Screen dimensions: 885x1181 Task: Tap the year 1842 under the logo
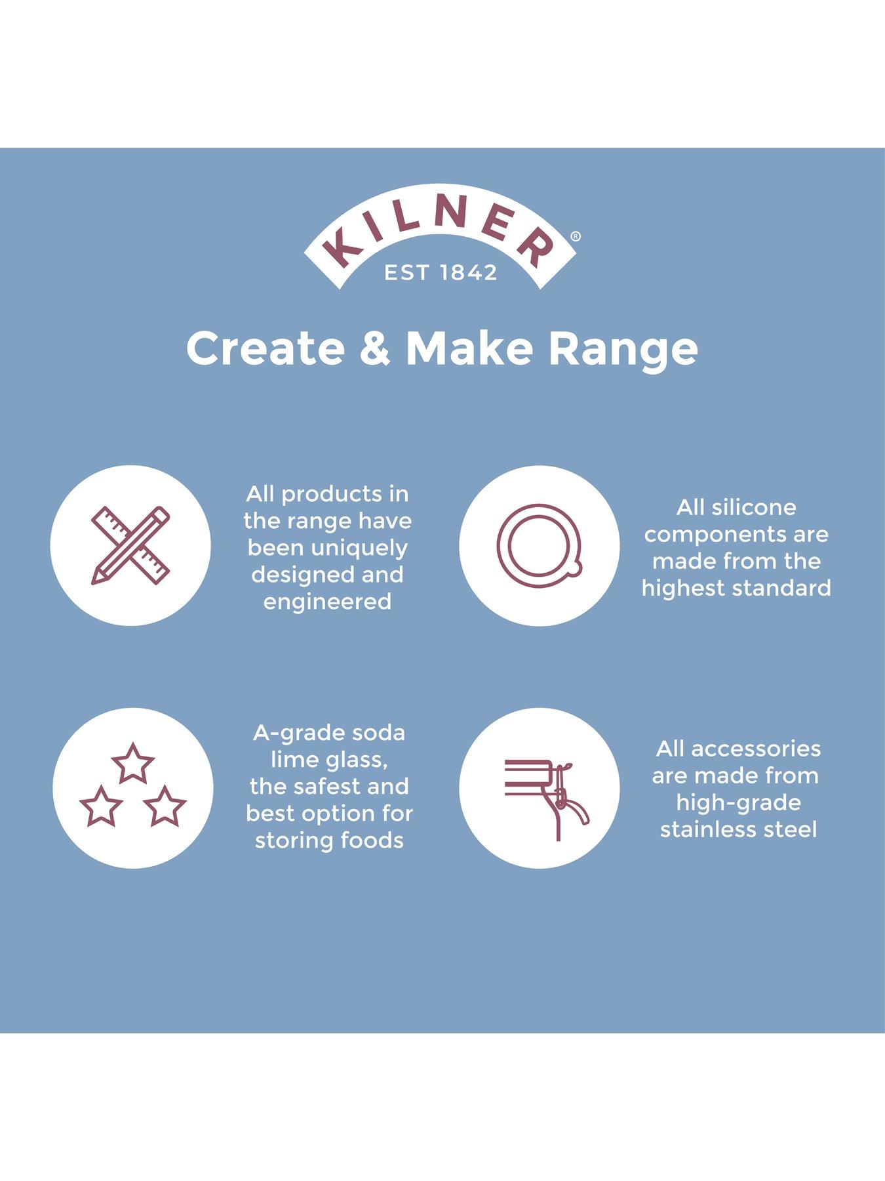(469, 272)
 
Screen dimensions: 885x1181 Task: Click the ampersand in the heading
(375, 348)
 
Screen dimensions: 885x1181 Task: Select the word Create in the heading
(265, 348)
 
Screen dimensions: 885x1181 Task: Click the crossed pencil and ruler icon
(130, 545)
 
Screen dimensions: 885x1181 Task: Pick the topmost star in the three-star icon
(133, 763)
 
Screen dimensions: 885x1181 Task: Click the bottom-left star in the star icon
(101, 806)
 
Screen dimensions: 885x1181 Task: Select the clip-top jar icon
(547, 799)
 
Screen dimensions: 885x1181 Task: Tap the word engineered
(327, 602)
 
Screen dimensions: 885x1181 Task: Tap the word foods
(374, 840)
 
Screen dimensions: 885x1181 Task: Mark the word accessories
(756, 749)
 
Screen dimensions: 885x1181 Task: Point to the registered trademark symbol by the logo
(576, 237)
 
